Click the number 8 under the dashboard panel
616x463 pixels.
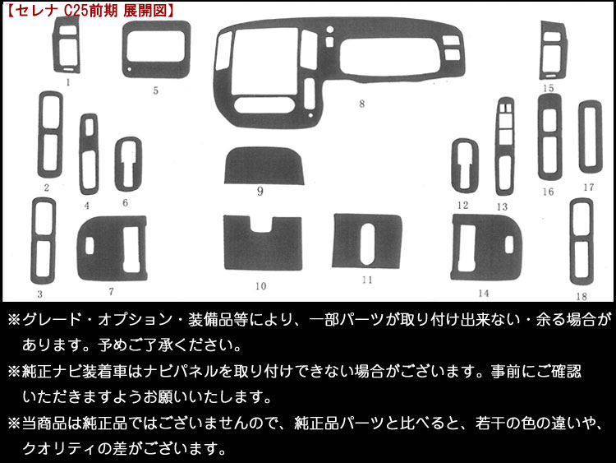(361, 104)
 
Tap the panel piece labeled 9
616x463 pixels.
(267, 169)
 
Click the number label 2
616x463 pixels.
(47, 188)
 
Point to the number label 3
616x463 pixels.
(39, 294)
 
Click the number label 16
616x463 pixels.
(548, 192)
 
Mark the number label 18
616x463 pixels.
(582, 295)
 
